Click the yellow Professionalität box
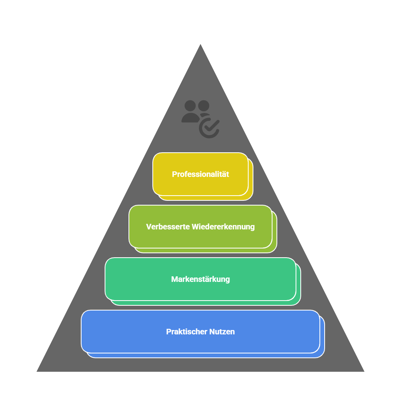(x=200, y=174)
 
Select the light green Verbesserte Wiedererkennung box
(x=200, y=227)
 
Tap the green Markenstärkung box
(x=200, y=279)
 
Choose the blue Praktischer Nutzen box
(x=200, y=332)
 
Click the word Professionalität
(x=200, y=175)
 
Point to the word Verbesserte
(x=168, y=227)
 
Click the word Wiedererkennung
(x=223, y=227)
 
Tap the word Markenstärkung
(x=200, y=279)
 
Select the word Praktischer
(x=187, y=332)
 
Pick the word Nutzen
(x=222, y=332)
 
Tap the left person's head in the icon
(x=190, y=106)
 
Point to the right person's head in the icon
(x=204, y=106)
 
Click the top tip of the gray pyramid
(x=200, y=44)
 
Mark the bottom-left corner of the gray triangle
(x=37, y=371)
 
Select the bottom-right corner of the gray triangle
(x=364, y=371)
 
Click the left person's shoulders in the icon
(x=191, y=118)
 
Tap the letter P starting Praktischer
(x=169, y=332)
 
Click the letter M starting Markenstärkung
(x=175, y=279)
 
